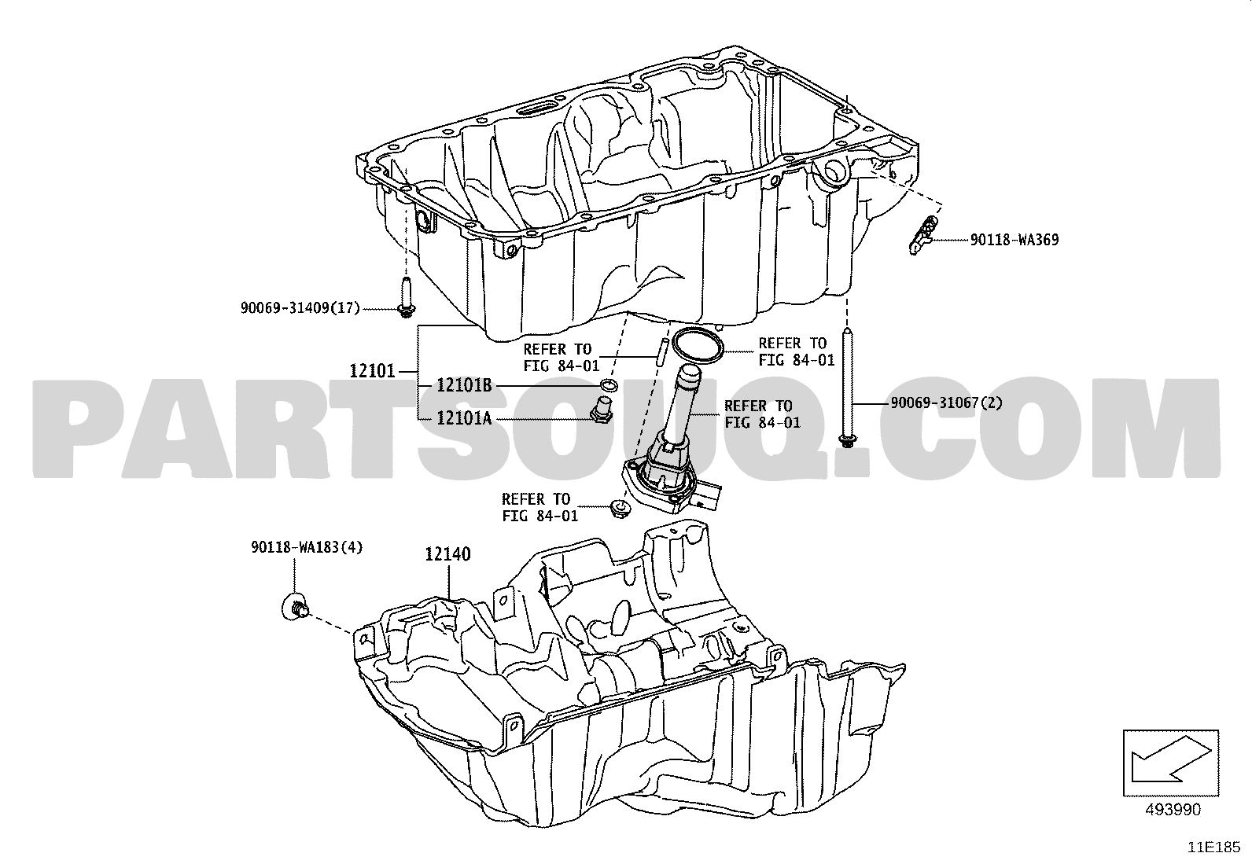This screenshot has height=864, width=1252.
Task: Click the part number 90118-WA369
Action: pos(1014,240)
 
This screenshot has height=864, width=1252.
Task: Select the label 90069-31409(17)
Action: pos(300,308)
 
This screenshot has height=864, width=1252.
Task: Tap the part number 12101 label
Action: pos(372,371)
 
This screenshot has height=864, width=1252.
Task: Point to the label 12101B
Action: pos(464,385)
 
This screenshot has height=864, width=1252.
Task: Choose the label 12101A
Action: pos(464,418)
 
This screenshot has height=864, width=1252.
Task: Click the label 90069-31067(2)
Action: pos(946,403)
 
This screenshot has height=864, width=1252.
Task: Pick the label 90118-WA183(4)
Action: pos(307,547)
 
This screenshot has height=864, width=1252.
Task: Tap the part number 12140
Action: pos(447,554)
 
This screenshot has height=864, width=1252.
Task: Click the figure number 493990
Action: pos(1173,810)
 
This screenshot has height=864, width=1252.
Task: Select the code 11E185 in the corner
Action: pos(1214,847)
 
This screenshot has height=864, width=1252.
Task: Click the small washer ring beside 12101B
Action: pos(609,385)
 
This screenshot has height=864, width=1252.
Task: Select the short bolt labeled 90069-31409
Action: pos(406,297)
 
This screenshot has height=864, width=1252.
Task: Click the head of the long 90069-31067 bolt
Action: pos(848,440)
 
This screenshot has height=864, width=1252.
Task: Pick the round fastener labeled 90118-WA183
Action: pos(295,608)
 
